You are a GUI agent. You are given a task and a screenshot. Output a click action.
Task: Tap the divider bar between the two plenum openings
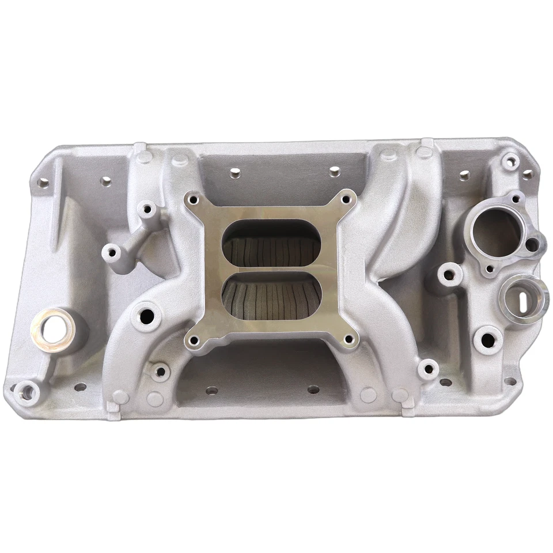pyautogui.click(x=271, y=270)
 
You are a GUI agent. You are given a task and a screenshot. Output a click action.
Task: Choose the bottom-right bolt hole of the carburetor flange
pyautogui.click(x=347, y=342)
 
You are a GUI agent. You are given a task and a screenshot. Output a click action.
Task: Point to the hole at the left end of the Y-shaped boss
pyautogui.click(x=111, y=252)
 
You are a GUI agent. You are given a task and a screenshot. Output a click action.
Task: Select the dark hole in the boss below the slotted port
pyautogui.click(x=489, y=340)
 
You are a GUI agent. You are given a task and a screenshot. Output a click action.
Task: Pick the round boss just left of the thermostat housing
pyautogui.click(x=449, y=273)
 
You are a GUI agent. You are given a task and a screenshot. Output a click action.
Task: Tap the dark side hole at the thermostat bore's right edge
pyautogui.click(x=531, y=244)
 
